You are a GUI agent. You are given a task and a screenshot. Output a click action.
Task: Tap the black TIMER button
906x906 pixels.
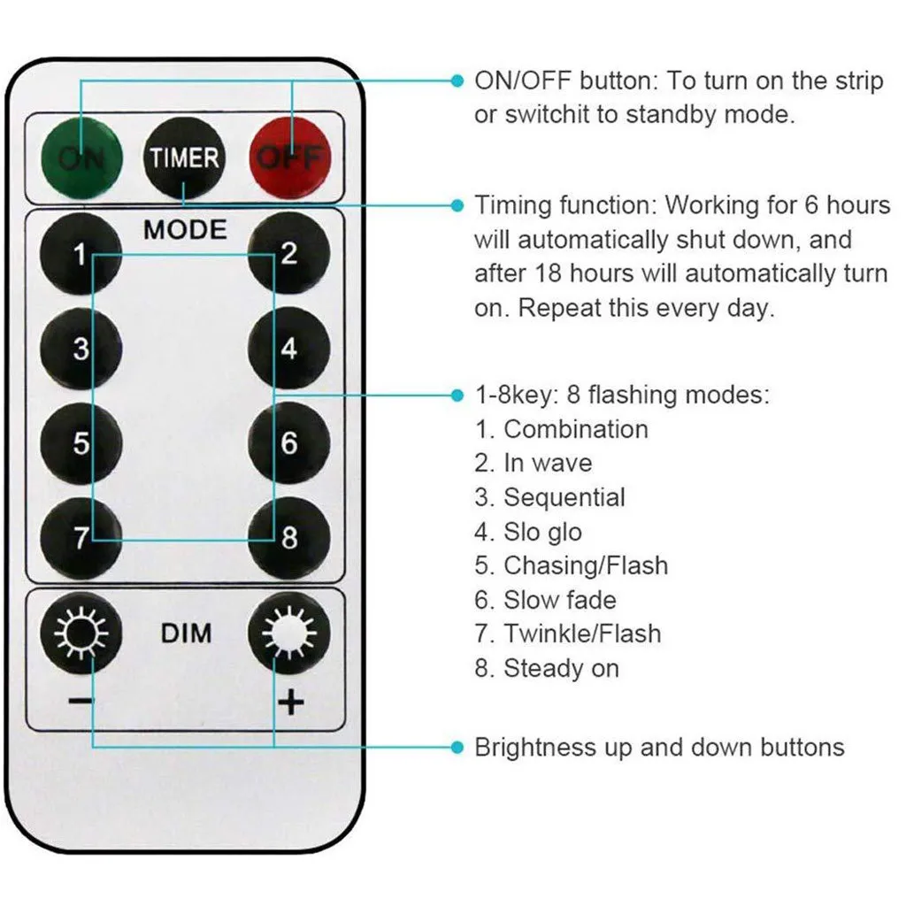183,159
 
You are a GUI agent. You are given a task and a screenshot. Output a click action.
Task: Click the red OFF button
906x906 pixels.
288,159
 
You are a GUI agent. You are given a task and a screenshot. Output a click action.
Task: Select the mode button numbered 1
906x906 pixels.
81,257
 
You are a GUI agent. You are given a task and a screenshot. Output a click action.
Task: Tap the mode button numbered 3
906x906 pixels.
81,349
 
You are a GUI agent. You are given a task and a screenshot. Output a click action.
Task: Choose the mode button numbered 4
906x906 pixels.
288,349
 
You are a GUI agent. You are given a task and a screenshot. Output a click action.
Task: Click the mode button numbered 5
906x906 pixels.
81,442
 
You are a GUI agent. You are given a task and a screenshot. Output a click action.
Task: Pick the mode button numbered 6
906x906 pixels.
288,442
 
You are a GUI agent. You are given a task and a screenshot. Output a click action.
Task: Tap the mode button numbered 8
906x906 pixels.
288,538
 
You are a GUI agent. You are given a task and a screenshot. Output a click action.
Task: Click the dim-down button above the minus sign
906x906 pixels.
81,633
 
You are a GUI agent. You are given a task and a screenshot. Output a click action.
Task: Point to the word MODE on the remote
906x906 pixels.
185,230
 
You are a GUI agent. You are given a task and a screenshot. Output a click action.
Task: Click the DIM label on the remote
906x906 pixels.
186,633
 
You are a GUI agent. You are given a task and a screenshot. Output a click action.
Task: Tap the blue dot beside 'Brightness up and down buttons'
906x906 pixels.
457,748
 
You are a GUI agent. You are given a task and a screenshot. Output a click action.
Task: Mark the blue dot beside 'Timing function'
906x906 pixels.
457,205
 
